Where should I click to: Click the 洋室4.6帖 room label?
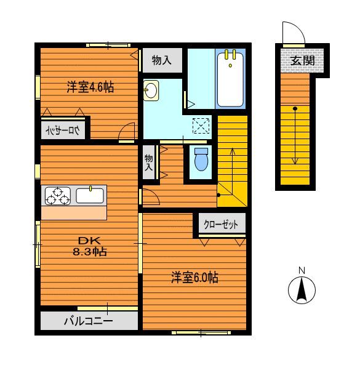(90, 87)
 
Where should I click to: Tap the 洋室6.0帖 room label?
(194, 278)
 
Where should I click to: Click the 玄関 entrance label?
(303, 61)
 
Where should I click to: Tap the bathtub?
(230, 78)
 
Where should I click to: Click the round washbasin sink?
(151, 91)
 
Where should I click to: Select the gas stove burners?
(57, 196)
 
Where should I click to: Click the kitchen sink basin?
(90, 196)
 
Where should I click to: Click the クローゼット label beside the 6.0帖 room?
(221, 224)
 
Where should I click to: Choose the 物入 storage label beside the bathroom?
(161, 60)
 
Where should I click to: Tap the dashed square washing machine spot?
(201, 126)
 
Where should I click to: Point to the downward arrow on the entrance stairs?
(295, 137)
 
